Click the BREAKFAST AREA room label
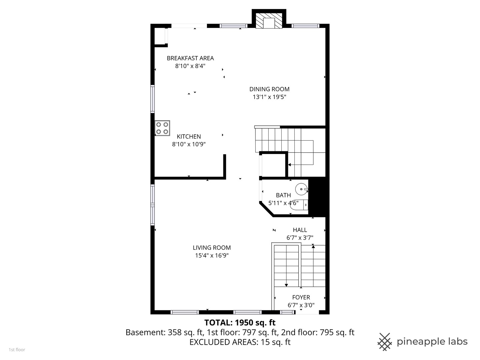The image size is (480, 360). tap(190, 58)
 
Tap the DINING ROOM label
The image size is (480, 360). tap(269, 89)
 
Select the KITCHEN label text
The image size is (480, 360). tap(189, 137)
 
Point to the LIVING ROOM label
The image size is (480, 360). tap(211, 248)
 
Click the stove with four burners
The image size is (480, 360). tap(162, 128)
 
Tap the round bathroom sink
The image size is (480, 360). tap(301, 189)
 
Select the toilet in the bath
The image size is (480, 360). tap(299, 205)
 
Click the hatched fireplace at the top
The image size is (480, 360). tap(269, 21)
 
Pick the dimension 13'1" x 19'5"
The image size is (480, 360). tap(269, 97)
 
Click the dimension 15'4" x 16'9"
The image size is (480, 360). tap(211, 256)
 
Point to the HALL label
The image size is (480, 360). tap(300, 230)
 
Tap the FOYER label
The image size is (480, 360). tap(301, 297)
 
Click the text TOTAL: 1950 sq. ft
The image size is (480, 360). tap(240, 322)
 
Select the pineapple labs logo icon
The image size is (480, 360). tap(385, 342)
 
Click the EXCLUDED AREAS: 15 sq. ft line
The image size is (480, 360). tap(240, 342)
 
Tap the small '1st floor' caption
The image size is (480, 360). tap(17, 350)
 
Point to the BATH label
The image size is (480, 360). tap(283, 195)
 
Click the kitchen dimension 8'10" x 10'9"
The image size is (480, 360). tap(189, 144)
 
